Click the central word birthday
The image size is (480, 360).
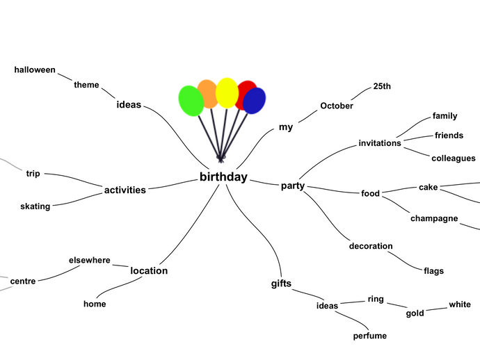[223, 177]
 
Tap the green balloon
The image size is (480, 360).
[191, 101]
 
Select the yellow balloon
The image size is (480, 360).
[227, 92]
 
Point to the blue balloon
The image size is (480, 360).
[255, 101]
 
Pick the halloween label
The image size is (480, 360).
[35, 69]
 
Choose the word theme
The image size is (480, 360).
[87, 85]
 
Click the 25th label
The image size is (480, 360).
[382, 86]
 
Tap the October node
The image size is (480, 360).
[337, 106]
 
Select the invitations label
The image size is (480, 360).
[380, 143]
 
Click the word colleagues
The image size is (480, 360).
[454, 158]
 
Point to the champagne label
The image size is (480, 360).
[434, 218]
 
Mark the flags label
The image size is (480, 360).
[433, 271]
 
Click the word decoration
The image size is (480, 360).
[371, 246]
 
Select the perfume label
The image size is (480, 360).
[369, 336]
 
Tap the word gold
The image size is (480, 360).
[415, 313]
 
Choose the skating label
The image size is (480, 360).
[35, 206]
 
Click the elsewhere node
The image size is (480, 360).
[90, 260]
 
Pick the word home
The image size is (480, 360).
[95, 304]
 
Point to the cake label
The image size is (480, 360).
[428, 187]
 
